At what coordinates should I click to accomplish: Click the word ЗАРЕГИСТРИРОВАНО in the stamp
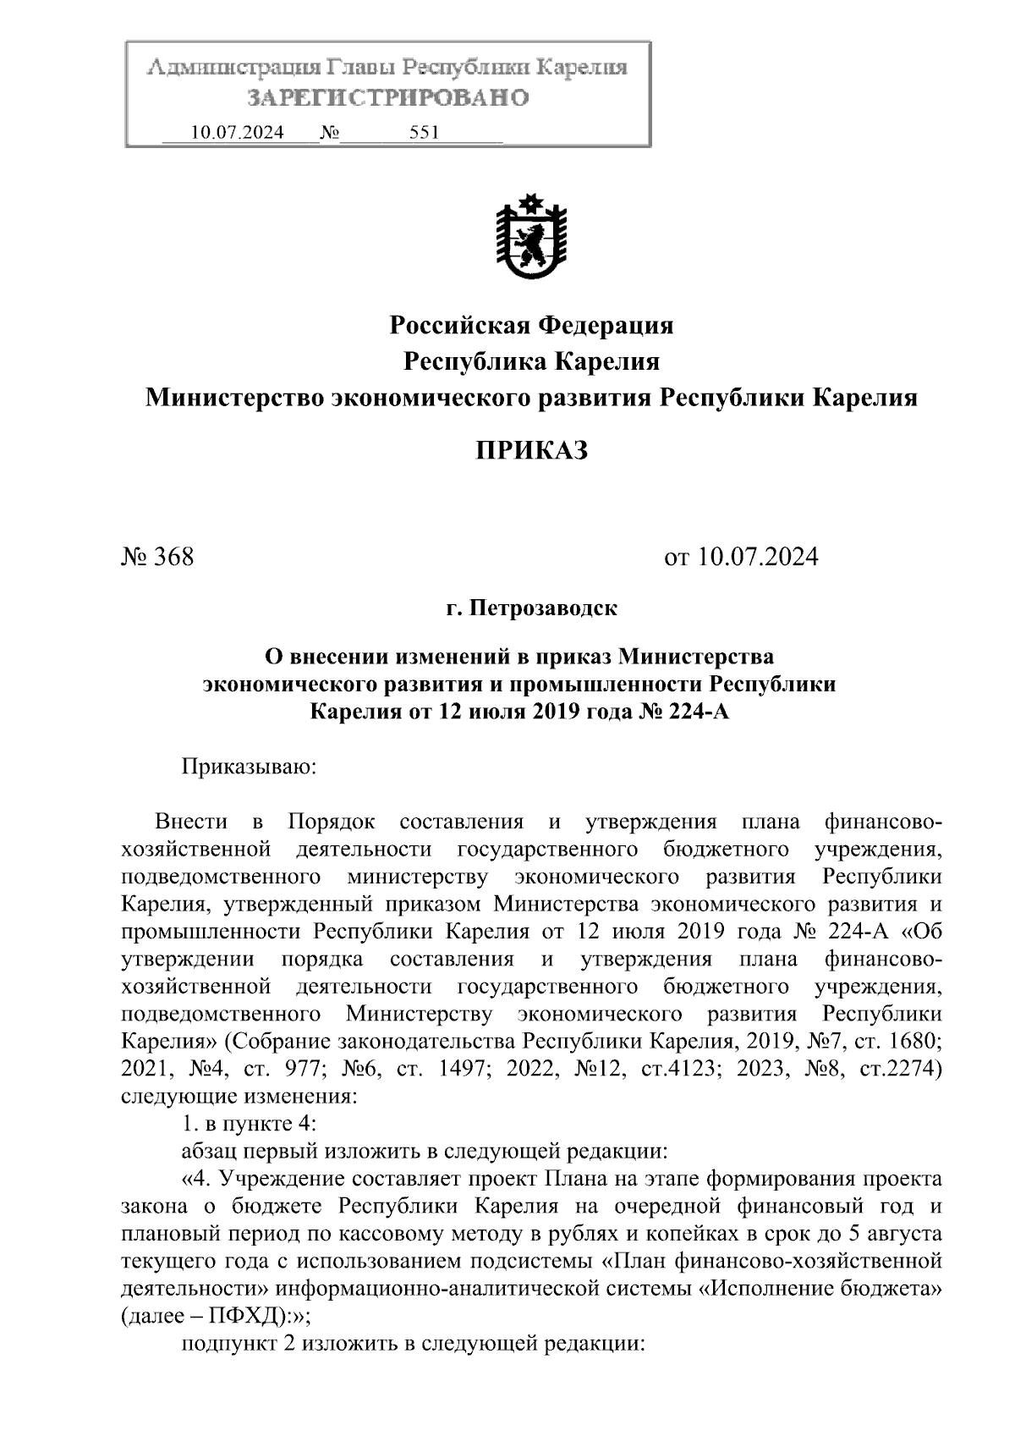[388, 98]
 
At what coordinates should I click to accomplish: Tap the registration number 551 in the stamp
[424, 133]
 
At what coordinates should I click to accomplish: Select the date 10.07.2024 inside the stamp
[237, 133]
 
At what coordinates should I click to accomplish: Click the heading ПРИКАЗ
[530, 451]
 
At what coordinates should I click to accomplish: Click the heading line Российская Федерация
[530, 325]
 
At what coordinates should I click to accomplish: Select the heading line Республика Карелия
[530, 362]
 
